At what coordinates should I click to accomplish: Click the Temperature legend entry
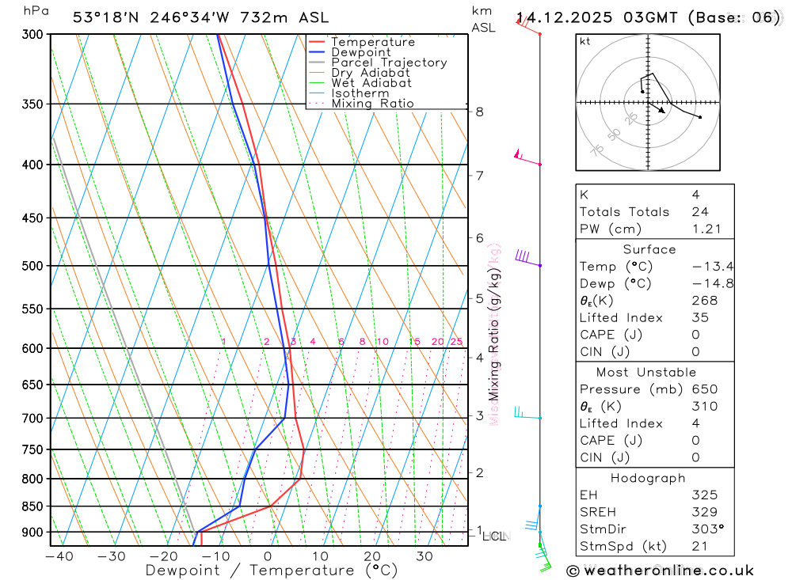coord(372,42)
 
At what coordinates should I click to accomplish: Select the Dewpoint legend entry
coord(360,52)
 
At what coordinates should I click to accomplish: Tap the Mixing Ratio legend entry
coord(372,104)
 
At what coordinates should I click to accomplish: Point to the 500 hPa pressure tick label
coord(31,266)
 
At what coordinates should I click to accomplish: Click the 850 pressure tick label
coord(31,506)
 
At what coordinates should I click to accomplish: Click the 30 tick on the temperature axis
coord(425,556)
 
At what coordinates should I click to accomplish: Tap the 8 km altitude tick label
coord(479,112)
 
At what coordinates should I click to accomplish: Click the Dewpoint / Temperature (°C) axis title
coord(271,571)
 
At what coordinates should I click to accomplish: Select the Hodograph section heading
coord(648,478)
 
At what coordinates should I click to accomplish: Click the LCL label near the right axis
coord(495,536)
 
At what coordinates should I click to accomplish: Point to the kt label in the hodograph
coord(584,42)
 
